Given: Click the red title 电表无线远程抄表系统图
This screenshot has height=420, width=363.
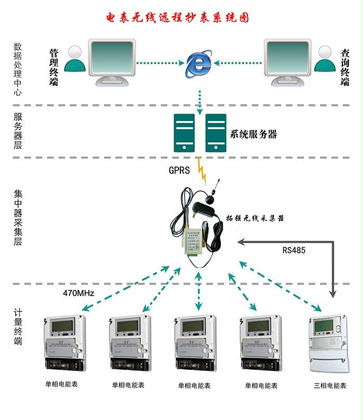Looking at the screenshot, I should coord(181,18).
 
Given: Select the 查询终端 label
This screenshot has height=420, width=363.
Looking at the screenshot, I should coord(345,67).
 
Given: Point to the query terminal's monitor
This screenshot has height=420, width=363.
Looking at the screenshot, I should coord(287,57).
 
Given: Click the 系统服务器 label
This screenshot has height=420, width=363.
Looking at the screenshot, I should coord(253,134).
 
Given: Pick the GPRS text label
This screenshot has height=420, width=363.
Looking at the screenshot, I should coord(179,171).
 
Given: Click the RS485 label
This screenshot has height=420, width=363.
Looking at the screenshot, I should coord(295,249).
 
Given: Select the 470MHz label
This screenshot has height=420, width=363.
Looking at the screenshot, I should coord(79,295).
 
